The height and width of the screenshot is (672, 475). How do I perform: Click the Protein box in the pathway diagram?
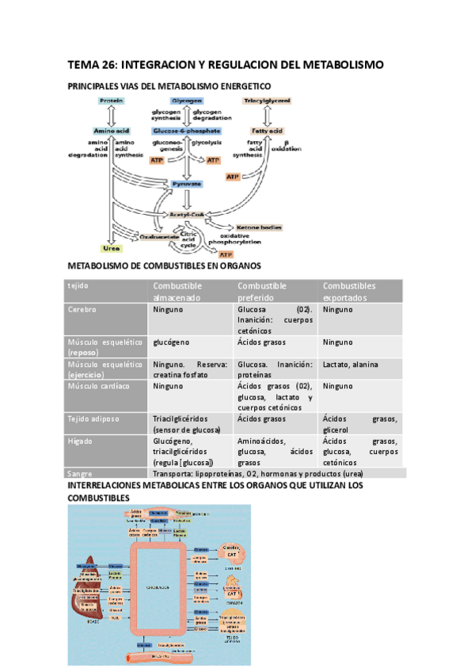(110, 101)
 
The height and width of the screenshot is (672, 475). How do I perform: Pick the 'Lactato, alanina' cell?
(350, 365)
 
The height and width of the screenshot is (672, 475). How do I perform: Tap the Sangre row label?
(81, 473)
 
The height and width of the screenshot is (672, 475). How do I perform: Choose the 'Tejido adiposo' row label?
(93, 418)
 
